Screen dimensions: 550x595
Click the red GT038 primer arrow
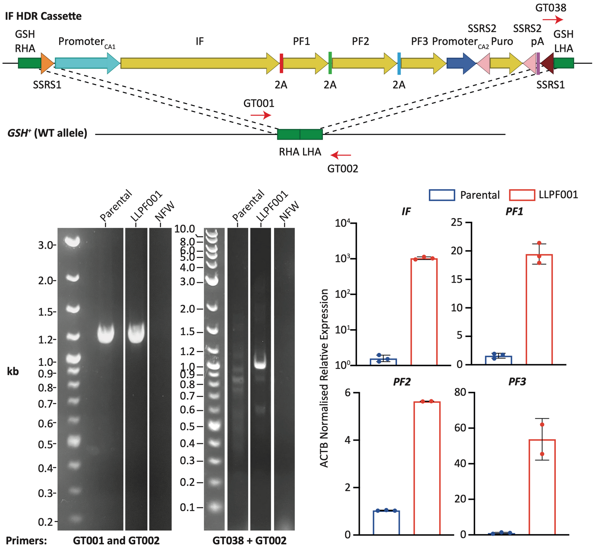tap(553, 19)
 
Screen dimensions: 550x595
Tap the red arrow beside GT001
tap(261, 115)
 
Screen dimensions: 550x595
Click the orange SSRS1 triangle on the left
tap(46, 63)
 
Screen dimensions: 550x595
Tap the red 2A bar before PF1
tap(281, 63)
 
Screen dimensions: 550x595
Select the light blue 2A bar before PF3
tap(399, 63)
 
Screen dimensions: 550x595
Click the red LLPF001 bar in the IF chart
tap(424, 311)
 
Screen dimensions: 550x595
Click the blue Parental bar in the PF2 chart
tap(386, 522)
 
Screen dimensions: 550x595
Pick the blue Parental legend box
tap(441, 195)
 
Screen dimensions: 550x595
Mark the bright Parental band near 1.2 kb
tap(106, 334)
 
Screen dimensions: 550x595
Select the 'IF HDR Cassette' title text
tap(43, 16)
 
